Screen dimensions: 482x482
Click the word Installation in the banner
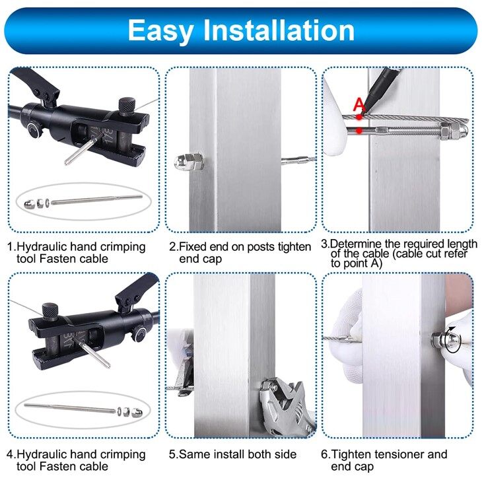point(279,30)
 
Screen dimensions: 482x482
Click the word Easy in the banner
point(160,31)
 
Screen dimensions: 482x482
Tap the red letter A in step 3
point(359,104)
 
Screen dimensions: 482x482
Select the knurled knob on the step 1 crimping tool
point(126,106)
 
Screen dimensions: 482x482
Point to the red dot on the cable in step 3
point(359,117)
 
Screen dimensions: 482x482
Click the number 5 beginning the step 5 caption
point(172,454)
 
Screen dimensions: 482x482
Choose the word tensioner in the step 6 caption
point(394,454)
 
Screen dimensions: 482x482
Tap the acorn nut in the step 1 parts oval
point(29,204)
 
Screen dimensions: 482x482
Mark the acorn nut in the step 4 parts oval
point(137,413)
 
